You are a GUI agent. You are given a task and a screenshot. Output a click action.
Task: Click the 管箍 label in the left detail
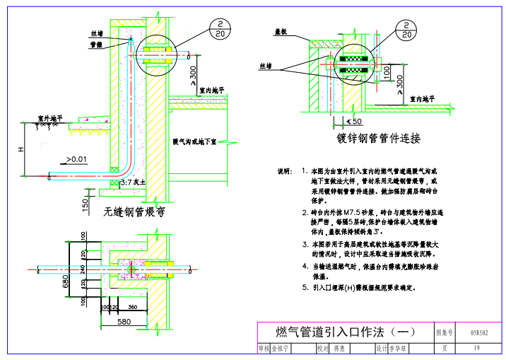click(95, 45)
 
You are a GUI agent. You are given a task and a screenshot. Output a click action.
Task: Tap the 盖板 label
click(280, 32)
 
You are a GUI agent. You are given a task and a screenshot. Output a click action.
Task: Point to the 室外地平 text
click(51, 119)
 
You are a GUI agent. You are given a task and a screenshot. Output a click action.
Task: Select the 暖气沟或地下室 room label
click(194, 141)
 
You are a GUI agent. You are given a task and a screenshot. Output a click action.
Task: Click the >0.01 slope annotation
click(76, 159)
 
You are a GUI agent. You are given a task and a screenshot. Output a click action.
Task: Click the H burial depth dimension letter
click(21, 150)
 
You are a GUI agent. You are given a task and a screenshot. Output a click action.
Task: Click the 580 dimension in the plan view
click(124, 322)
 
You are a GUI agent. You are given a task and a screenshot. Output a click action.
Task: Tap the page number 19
click(477, 347)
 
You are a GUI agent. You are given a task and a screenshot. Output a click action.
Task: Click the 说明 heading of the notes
click(284, 172)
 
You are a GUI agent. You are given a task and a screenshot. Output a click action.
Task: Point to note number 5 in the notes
click(304, 288)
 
